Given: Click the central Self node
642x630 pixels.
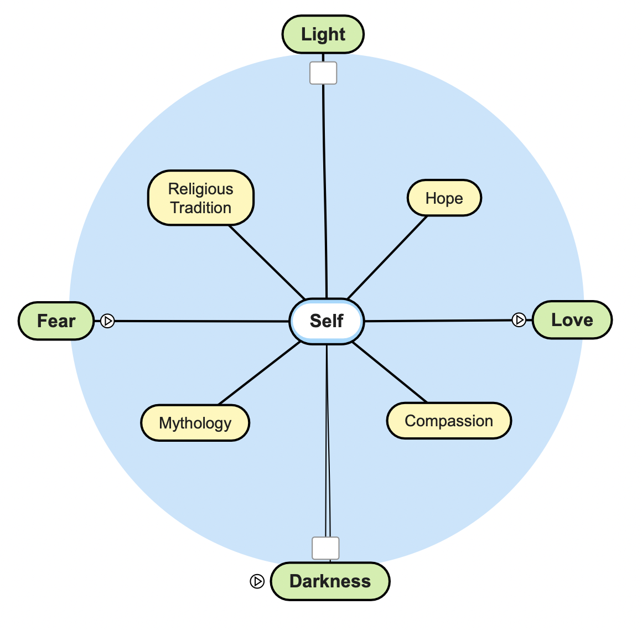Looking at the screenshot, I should coord(327,321).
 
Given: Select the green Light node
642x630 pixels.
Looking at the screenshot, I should coord(323,34).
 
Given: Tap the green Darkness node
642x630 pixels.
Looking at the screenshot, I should coord(330,581).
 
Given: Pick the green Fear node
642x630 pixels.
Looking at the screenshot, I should coord(56,321).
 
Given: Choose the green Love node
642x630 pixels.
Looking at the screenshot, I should coord(572,320).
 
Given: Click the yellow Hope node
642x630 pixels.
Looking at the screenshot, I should coord(444,198).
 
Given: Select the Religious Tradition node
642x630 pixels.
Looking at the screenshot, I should coord(200,198).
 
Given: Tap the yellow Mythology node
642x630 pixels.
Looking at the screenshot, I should coord(195,423).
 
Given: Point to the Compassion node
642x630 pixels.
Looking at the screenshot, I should coord(448,421).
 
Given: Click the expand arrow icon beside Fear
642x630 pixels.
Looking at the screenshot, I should coord(107,321).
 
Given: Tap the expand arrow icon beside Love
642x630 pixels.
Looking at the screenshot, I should coord(519,319).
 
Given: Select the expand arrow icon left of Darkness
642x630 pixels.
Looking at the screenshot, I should coord(257,581).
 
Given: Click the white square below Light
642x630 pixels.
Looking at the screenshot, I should coord(323,73).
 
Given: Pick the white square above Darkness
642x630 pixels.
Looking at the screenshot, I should coord(325,548).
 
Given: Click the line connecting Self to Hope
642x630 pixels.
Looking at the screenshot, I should coord(387,257).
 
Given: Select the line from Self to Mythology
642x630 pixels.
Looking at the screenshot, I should coord(259,374).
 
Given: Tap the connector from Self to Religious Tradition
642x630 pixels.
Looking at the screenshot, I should coord(267,262).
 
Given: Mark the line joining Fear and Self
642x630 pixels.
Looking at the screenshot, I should coord(199,321).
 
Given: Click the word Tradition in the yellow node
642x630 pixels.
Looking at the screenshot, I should coord(200,208).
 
